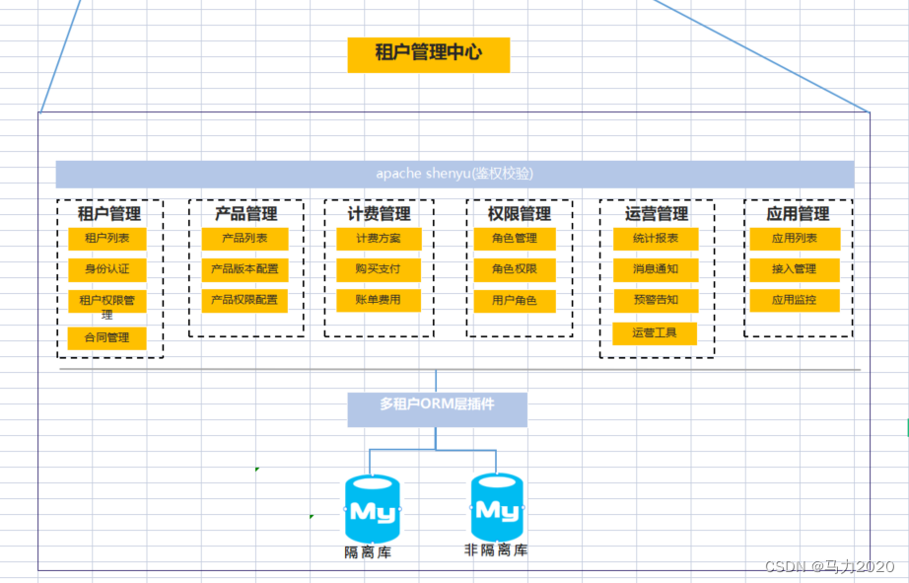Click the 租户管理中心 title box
[428, 54]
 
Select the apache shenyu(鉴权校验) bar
[454, 174]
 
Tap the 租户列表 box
[106, 239]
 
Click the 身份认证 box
[106, 268]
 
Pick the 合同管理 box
[106, 338]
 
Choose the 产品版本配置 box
[245, 269]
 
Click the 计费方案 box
[379, 239]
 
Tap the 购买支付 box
[379, 269]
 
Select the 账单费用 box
[379, 300]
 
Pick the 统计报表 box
[655, 239]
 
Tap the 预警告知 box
[655, 300]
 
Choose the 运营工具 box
[655, 333]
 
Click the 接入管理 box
[795, 269]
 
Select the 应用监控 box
[795, 300]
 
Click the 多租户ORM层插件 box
[437, 404]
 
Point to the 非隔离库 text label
[496, 549]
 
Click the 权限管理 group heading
[520, 213]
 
